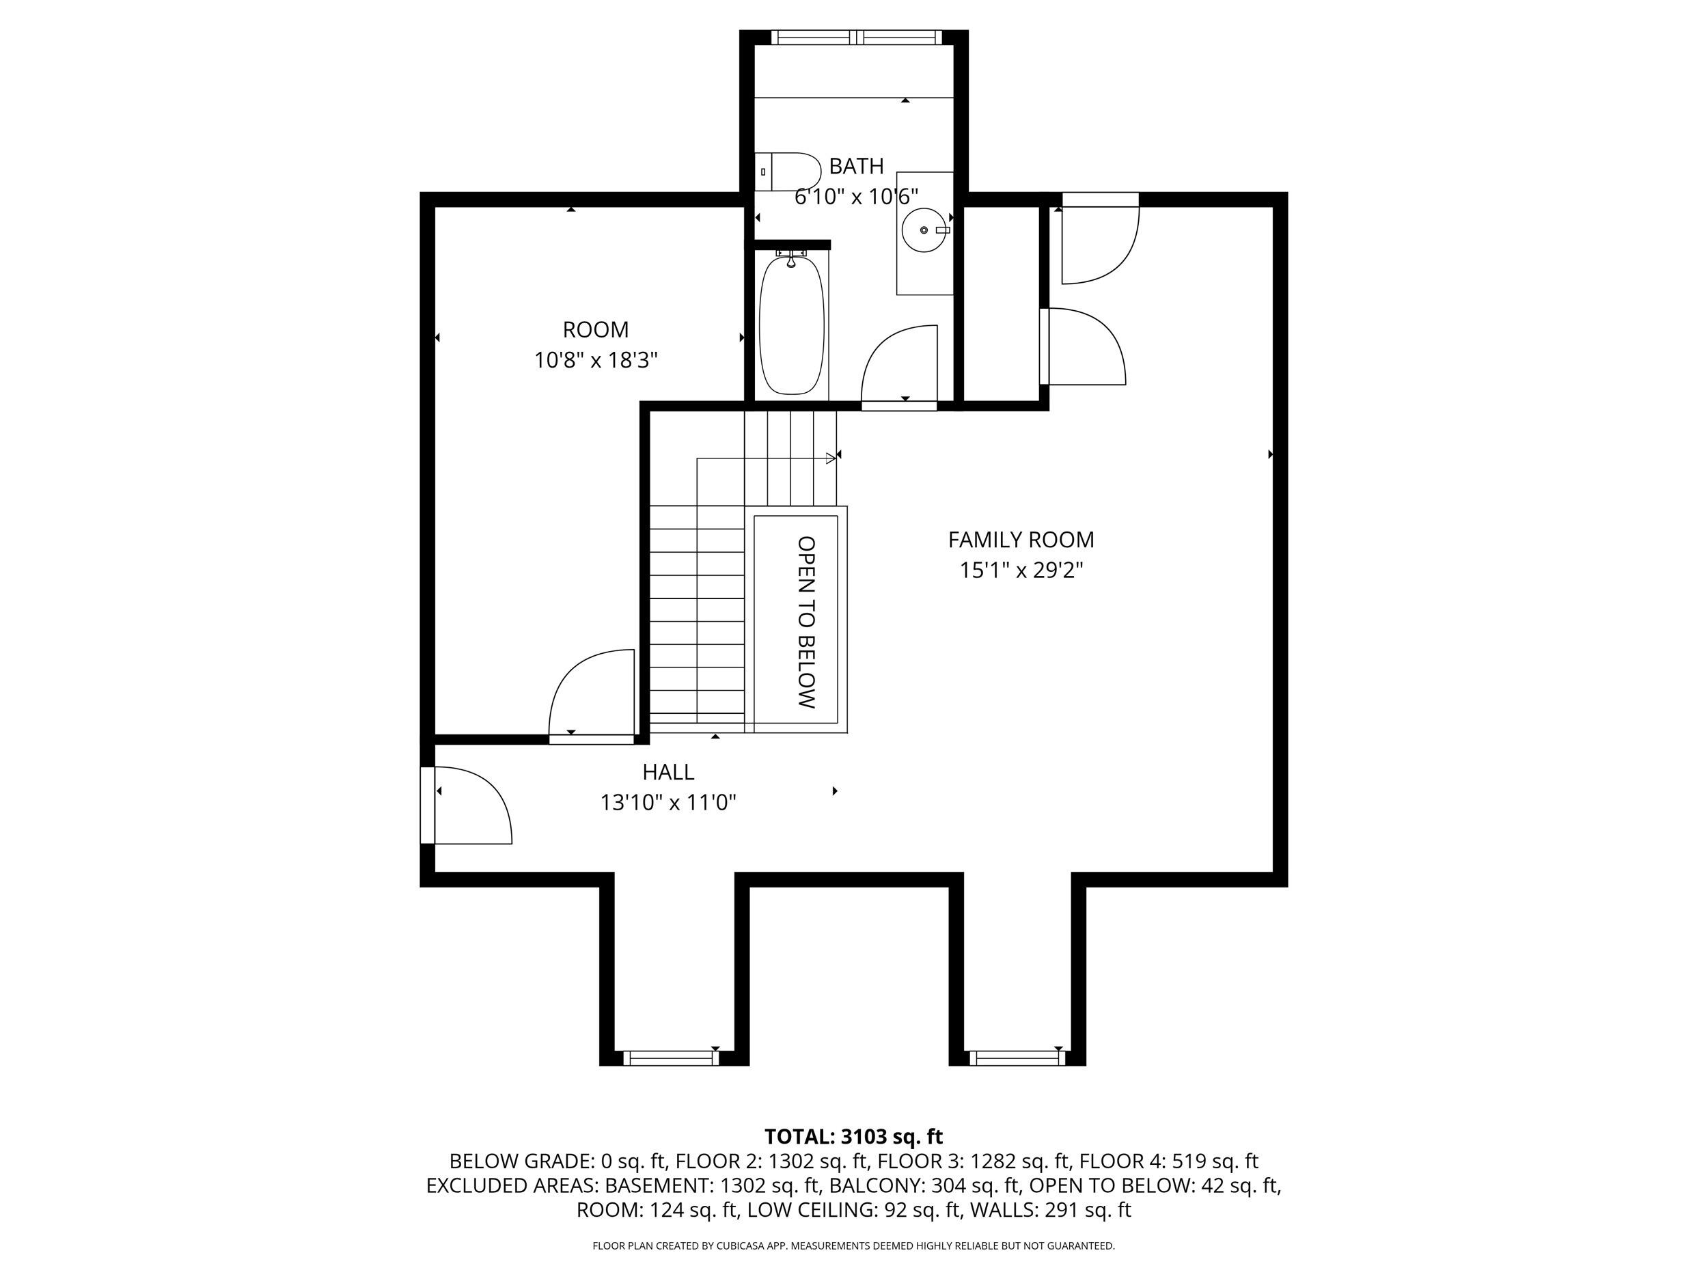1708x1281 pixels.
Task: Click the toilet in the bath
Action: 787,171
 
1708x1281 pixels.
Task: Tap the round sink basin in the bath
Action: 924,230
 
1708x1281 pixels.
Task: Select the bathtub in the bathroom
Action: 791,325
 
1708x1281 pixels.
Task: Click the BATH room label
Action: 856,166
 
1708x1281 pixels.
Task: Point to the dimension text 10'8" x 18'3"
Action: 596,361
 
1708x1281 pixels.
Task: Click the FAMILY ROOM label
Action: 1021,540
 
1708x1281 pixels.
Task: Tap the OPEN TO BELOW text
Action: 806,622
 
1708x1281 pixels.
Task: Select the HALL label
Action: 669,772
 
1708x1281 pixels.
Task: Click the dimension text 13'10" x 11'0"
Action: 669,803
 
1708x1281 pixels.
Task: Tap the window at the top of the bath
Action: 856,37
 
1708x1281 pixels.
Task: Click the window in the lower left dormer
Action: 671,1058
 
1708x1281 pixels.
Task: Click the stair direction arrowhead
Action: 831,458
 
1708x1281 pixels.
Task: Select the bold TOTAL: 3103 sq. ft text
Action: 853,1137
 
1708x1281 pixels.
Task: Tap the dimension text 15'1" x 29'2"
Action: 1021,570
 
